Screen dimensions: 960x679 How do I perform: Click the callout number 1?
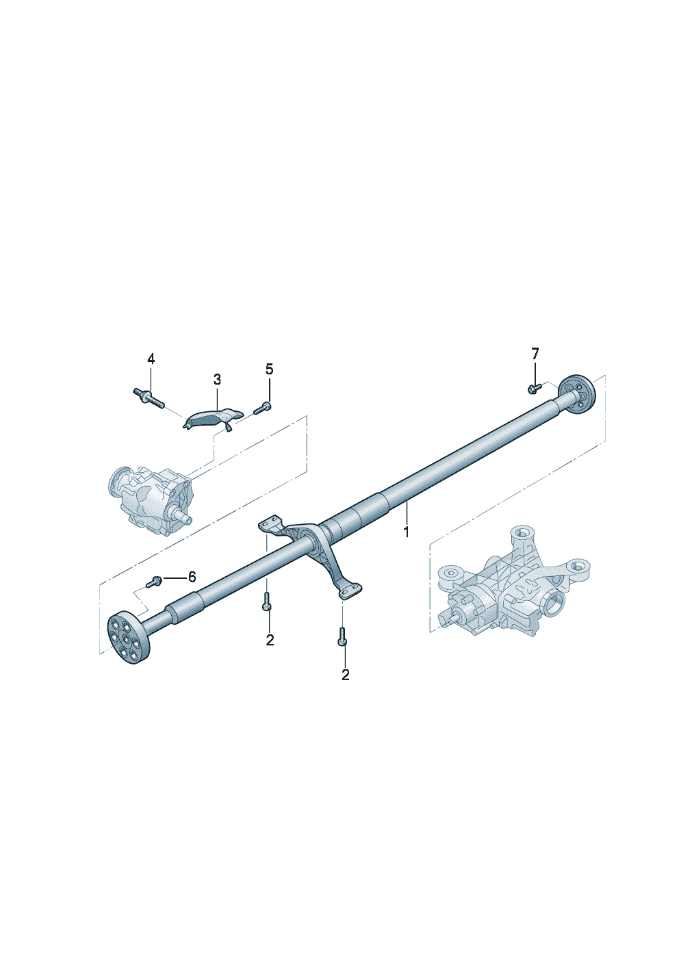tap(406, 531)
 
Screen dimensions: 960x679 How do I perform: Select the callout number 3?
tap(217, 379)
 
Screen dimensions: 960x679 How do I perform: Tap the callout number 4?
tap(151, 359)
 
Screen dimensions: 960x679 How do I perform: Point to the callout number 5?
tap(269, 369)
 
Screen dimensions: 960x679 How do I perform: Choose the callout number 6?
tap(192, 577)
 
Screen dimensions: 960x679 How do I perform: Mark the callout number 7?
tap(535, 353)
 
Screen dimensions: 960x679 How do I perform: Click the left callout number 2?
tap(270, 640)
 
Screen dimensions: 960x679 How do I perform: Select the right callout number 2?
tap(345, 675)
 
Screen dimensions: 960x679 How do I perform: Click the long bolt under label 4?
tap(149, 398)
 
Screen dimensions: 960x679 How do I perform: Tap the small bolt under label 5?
tap(262, 408)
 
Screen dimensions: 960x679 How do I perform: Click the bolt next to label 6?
tap(154, 582)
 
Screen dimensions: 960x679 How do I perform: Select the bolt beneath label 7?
tap(534, 388)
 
